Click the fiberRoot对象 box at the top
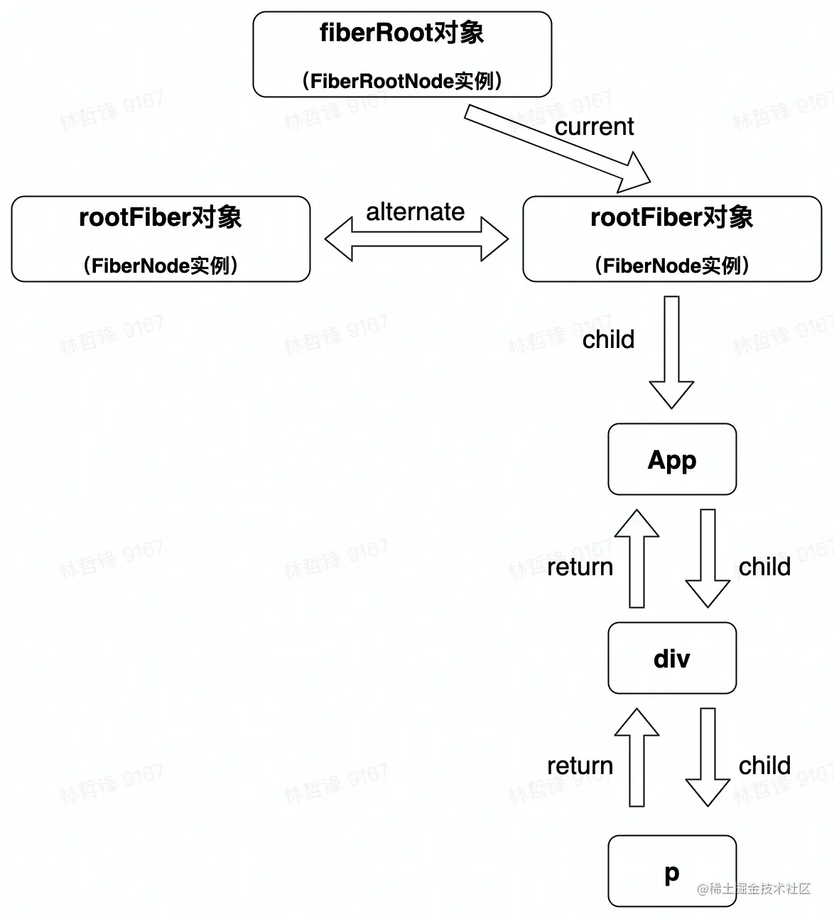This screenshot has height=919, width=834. (402, 54)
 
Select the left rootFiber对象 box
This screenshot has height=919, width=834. (161, 239)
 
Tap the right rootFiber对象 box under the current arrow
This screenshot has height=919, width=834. (671, 239)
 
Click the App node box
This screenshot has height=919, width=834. (672, 459)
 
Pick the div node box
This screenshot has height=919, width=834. (672, 658)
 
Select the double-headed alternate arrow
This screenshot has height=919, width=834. (416, 239)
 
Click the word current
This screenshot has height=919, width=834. (594, 126)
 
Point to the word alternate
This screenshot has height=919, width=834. (415, 212)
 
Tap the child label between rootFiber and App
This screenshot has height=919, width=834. (608, 339)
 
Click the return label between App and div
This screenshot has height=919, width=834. (580, 567)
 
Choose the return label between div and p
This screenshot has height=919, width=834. (580, 766)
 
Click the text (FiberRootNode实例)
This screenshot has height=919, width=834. (402, 81)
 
